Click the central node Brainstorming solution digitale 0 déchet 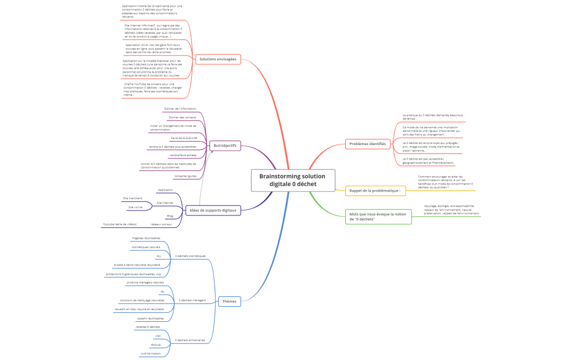click(x=293, y=180)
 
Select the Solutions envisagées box click(x=218, y=59)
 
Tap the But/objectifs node click(x=225, y=145)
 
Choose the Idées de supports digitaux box click(x=213, y=210)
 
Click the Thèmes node click(x=228, y=301)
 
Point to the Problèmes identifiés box click(x=367, y=143)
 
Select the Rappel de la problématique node click(x=375, y=191)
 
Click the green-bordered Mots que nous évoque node click(x=378, y=217)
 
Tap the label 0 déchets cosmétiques click(x=190, y=256)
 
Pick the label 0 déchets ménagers click(x=192, y=300)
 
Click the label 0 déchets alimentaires click(x=190, y=340)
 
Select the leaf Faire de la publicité click(x=183, y=138)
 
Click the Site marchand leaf click(x=132, y=198)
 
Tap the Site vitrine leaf click(x=135, y=207)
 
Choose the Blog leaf click(x=170, y=216)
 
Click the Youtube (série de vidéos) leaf click(x=119, y=224)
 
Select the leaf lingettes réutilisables click(x=146, y=238)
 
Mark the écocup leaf click(x=156, y=344)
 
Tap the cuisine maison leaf click(x=150, y=353)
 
